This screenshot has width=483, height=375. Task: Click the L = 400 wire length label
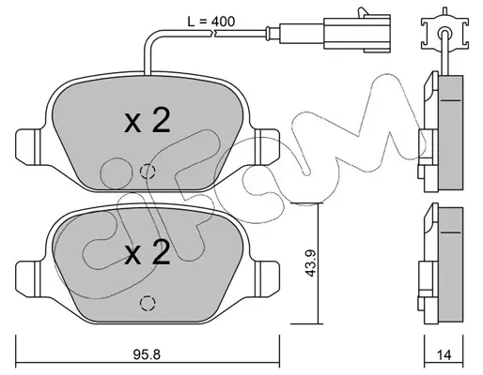[x=211, y=22]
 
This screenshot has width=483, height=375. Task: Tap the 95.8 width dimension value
[x=147, y=354]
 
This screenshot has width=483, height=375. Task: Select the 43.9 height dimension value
[x=310, y=263]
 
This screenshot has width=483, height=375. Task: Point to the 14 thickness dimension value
[x=444, y=355]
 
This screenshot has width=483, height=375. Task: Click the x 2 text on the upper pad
[x=148, y=121]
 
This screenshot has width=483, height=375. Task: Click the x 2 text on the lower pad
[x=148, y=253]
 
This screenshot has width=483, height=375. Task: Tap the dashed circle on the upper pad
[x=148, y=171]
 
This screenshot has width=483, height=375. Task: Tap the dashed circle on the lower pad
[x=148, y=303]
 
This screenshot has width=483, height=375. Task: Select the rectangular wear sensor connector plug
[x=357, y=33]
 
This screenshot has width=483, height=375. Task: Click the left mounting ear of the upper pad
[x=28, y=147]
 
